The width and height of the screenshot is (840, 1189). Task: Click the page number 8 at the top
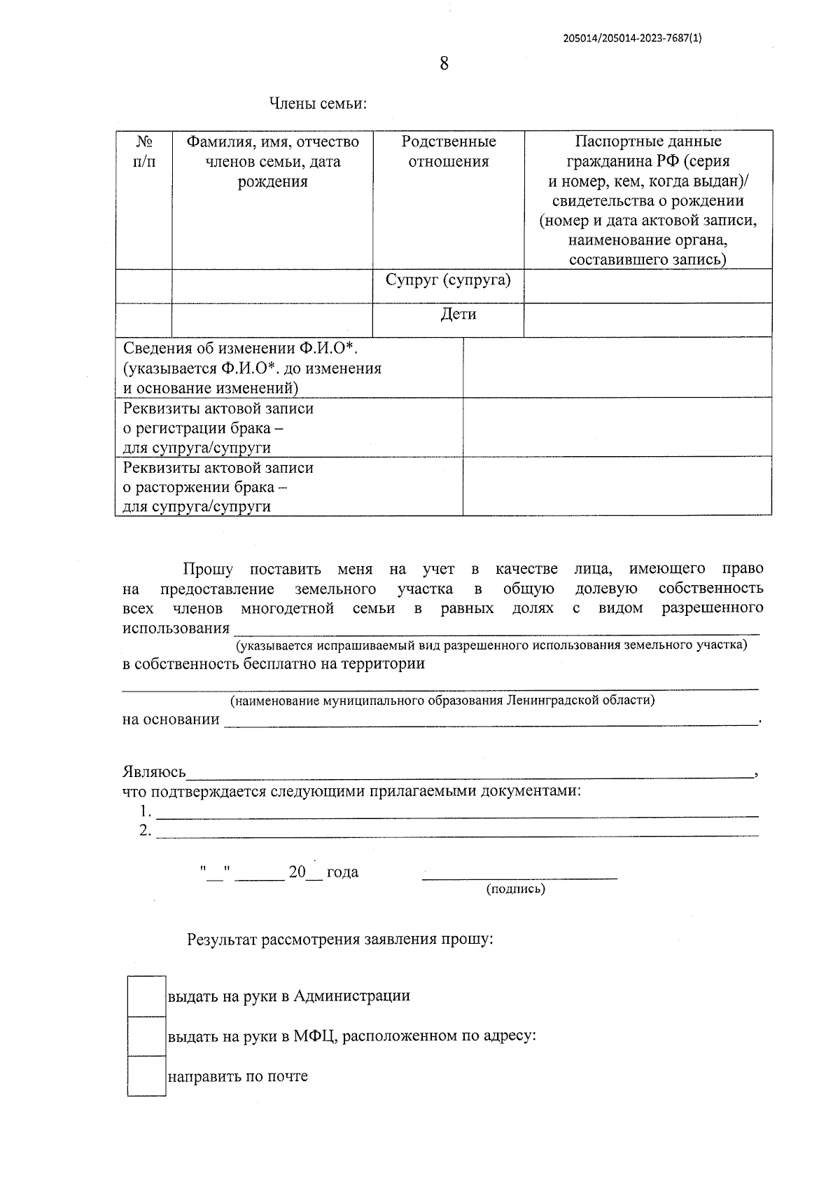click(444, 64)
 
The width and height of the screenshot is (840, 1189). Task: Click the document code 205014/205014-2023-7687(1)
click(631, 39)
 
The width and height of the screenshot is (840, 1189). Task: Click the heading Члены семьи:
click(318, 104)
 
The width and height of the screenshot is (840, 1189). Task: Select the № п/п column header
click(144, 152)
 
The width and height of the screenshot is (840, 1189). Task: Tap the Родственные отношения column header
click(448, 151)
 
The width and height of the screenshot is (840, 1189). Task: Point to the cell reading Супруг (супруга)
click(448, 280)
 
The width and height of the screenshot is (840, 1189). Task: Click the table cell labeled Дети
click(458, 315)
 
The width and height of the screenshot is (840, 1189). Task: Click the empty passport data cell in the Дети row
click(647, 320)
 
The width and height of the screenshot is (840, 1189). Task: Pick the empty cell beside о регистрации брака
click(617, 427)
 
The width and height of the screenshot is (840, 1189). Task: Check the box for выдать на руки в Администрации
click(147, 996)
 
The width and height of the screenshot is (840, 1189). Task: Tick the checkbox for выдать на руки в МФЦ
click(147, 1036)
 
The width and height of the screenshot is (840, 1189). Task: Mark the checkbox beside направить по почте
click(147, 1075)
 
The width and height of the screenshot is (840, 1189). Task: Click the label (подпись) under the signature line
click(515, 889)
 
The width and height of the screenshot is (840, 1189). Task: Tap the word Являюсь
click(154, 772)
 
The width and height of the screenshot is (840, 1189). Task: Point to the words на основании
click(171, 720)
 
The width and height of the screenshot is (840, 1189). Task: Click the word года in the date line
click(342, 872)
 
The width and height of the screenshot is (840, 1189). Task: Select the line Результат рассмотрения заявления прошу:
click(340, 940)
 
